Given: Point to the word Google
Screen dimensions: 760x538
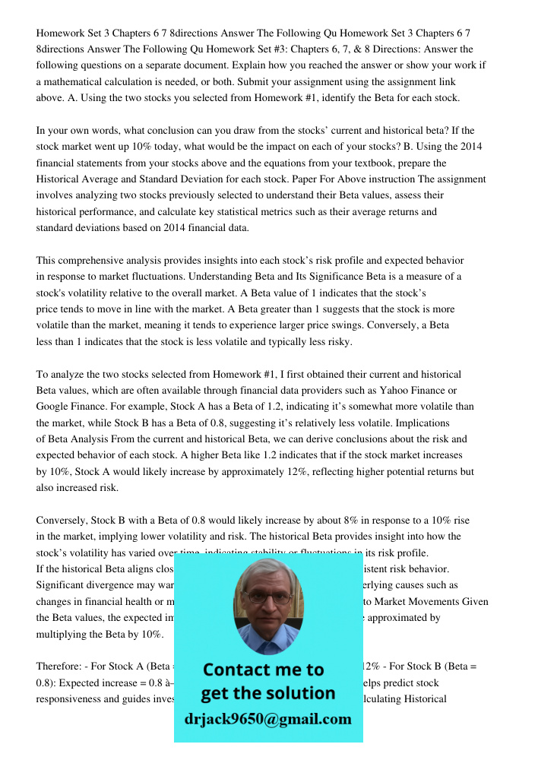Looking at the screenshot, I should click(54, 407).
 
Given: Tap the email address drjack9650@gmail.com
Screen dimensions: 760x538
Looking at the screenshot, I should click(268, 719).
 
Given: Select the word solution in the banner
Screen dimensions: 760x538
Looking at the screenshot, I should click(300, 692).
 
